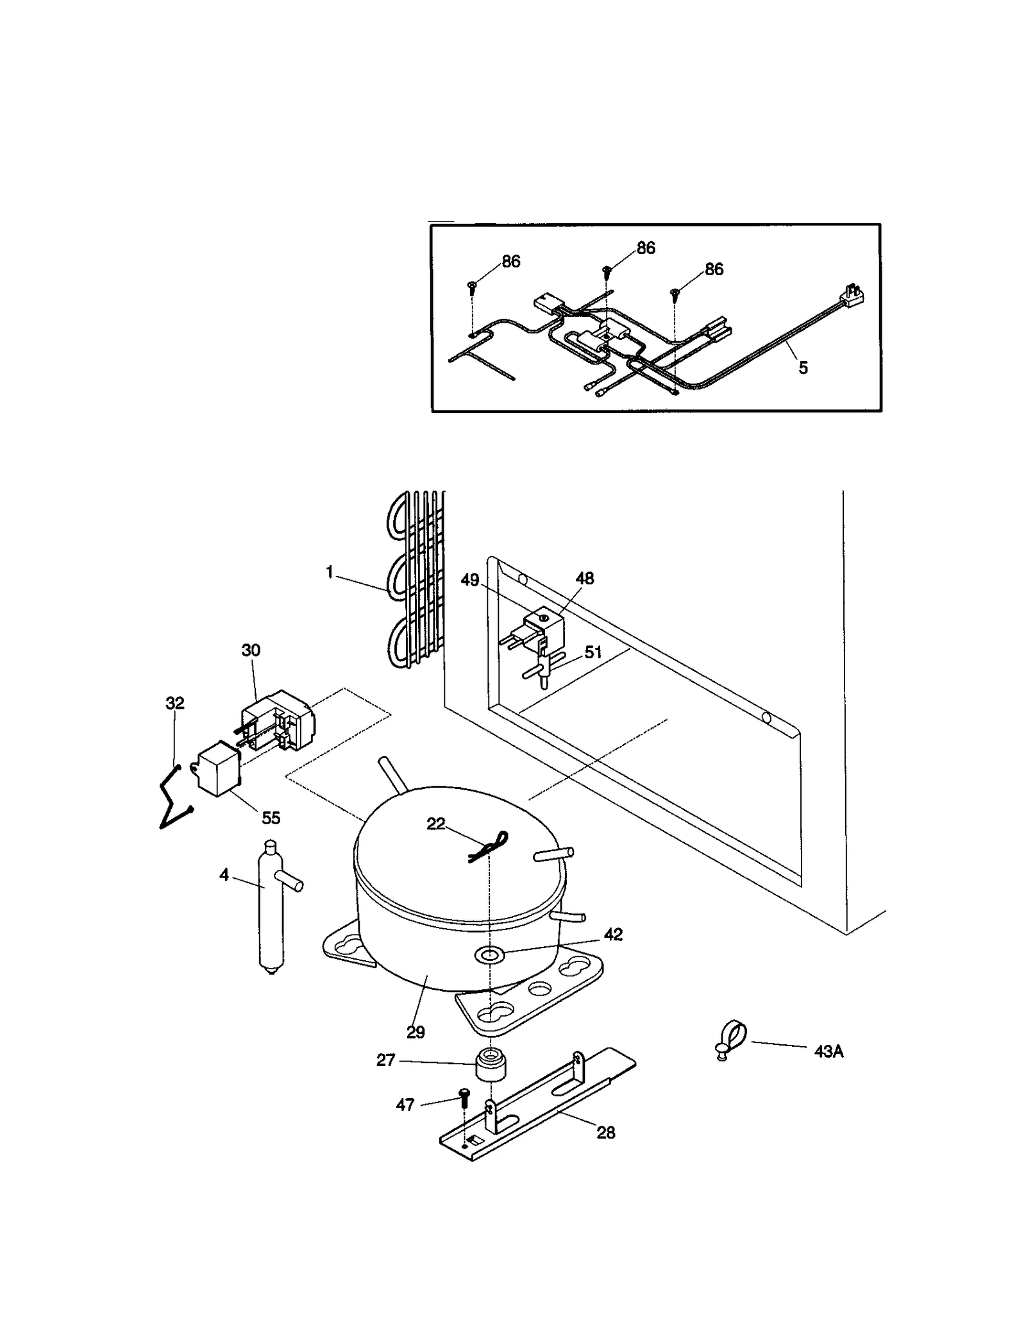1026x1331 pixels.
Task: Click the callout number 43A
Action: (828, 1052)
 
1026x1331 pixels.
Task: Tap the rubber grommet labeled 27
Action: (491, 1065)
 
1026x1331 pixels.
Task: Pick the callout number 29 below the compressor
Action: (416, 1032)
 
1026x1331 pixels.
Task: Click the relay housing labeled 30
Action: (279, 721)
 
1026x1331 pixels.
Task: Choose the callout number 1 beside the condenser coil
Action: (330, 572)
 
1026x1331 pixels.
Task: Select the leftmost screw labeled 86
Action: (472, 287)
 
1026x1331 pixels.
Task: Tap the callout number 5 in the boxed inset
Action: (803, 368)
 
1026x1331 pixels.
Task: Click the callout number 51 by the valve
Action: (593, 652)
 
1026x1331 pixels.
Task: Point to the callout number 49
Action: (470, 580)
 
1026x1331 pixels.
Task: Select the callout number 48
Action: (584, 578)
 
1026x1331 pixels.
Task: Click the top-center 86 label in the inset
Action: (646, 248)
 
